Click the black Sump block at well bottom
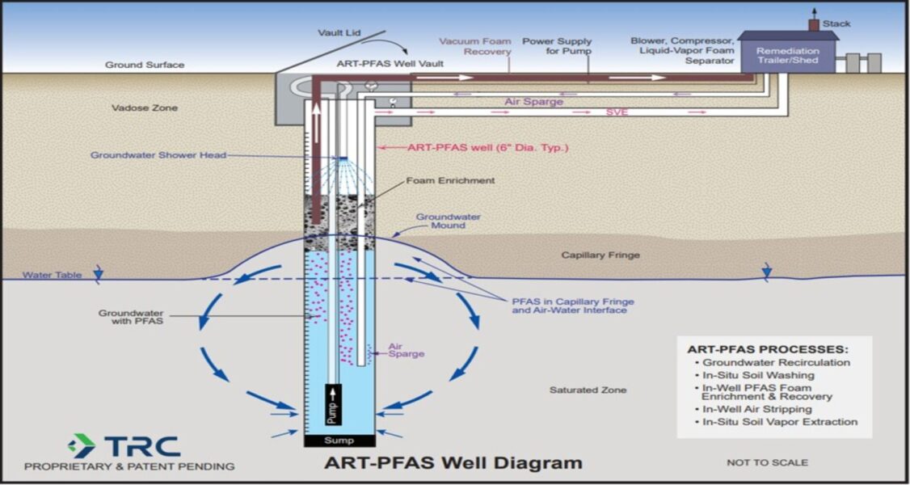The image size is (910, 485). pyautogui.click(x=339, y=441)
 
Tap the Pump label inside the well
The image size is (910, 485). pyautogui.click(x=333, y=405)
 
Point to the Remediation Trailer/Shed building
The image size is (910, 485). pyautogui.click(x=787, y=56)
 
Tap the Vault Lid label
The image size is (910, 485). pyautogui.click(x=339, y=33)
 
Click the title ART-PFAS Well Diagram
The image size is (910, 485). pyautogui.click(x=453, y=463)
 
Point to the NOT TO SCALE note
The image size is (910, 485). pyautogui.click(x=767, y=463)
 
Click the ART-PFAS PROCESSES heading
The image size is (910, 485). pyautogui.click(x=768, y=349)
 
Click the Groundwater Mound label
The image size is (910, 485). pyautogui.click(x=448, y=221)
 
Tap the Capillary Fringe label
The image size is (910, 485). pyautogui.click(x=600, y=255)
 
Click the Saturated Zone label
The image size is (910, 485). pyautogui.click(x=588, y=390)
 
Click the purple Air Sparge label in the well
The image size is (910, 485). pyautogui.click(x=406, y=349)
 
